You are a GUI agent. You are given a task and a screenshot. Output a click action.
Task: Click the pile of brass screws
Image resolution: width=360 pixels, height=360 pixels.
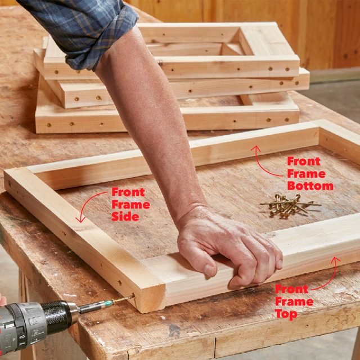pos(287,205)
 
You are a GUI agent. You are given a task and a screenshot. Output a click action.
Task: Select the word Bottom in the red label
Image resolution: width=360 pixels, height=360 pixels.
pos(310,186)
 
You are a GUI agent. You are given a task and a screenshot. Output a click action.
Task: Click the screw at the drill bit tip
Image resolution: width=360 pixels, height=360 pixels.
pos(127,298)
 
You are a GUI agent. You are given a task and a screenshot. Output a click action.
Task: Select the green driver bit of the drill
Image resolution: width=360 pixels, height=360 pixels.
pos(98,305)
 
